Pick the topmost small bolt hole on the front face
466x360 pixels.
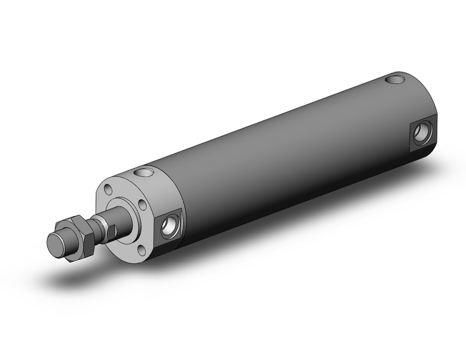pyautogui.click(x=109, y=190)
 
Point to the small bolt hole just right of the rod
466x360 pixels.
pyautogui.click(x=143, y=205)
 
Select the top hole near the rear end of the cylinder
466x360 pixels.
pyautogui.click(x=397, y=80)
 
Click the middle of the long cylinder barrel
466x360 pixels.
pyautogui.click(x=289, y=154)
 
